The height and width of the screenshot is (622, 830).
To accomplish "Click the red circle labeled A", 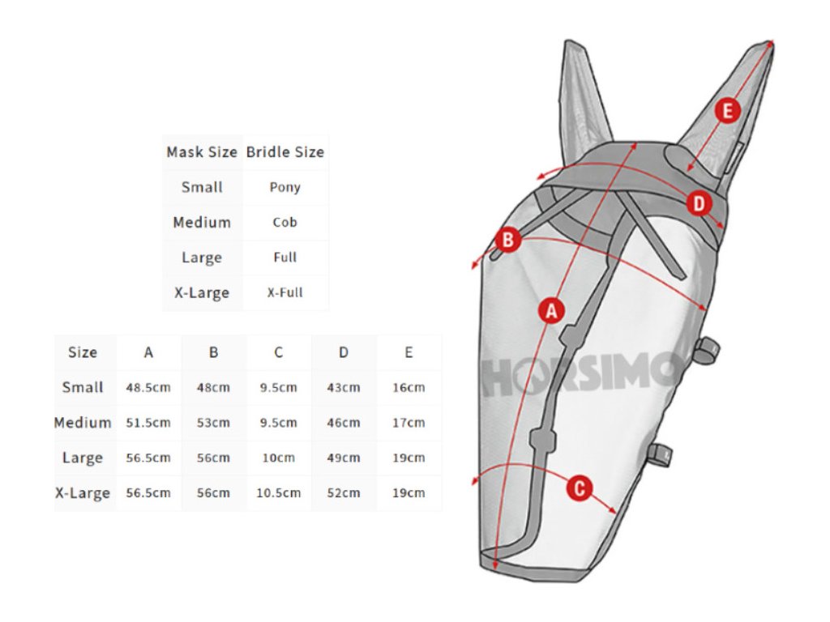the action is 551,310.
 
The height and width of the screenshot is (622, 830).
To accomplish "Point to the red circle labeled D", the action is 699,204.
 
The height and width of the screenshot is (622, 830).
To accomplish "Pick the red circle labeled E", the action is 727,110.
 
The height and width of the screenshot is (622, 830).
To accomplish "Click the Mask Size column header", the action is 202,152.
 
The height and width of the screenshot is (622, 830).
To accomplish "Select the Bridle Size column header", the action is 285,152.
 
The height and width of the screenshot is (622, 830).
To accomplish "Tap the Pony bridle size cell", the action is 285,187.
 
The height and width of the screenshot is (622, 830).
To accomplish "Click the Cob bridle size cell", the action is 285,222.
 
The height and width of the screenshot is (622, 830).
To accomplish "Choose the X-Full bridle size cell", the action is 285,292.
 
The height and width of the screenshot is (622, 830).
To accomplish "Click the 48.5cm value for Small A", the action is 148,387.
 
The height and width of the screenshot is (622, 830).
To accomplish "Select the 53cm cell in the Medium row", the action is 213,423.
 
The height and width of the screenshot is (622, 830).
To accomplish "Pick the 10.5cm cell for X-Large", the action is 279,492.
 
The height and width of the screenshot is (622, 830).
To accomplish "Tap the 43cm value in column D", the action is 344,387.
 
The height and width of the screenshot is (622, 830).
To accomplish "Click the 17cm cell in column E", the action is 409,423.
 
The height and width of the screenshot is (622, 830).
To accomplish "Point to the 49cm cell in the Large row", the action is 344,458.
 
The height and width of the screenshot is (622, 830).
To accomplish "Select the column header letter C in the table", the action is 279,352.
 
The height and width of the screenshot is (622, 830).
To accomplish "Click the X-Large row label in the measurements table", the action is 83,493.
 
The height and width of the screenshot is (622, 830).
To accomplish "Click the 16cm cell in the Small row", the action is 409,387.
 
